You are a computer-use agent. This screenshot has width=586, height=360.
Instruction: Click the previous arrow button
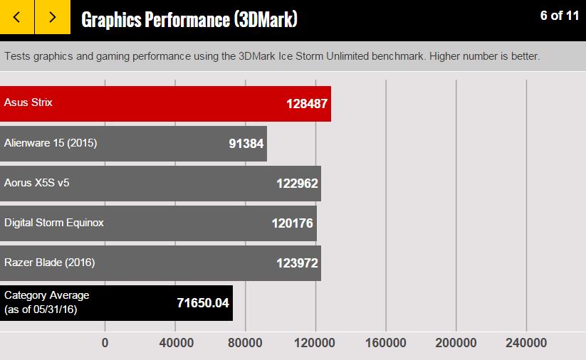pyautogui.click(x=17, y=17)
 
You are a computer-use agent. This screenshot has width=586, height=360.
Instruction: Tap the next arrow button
pyautogui.click(x=53, y=17)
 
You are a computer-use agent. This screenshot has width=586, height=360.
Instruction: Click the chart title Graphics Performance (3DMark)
pyautogui.click(x=189, y=19)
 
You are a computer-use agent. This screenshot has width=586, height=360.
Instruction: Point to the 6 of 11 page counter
pyautogui.click(x=560, y=16)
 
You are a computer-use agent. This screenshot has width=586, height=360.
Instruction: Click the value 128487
pyautogui.click(x=307, y=104)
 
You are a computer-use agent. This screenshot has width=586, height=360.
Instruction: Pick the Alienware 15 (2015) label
pyautogui.click(x=51, y=143)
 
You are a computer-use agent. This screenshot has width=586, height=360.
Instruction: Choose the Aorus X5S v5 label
pyautogui.click(x=37, y=183)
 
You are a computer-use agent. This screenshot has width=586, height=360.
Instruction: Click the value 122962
pyautogui.click(x=297, y=184)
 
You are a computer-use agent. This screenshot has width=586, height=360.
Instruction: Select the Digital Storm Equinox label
pyautogui.click(x=54, y=223)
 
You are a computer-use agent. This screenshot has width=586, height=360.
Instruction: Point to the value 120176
pyautogui.click(x=292, y=223)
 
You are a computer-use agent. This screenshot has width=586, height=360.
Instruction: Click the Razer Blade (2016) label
pyautogui.click(x=50, y=263)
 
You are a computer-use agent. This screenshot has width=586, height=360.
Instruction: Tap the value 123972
pyautogui.click(x=297, y=263)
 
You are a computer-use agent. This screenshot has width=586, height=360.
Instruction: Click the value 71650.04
pyautogui.click(x=203, y=303)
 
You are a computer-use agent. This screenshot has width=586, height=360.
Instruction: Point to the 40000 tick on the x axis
pyautogui.click(x=175, y=343)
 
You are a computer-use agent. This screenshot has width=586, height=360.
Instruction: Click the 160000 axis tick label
pyautogui.click(x=385, y=343)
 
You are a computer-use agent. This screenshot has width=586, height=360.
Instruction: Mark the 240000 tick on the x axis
pyautogui.click(x=526, y=343)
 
